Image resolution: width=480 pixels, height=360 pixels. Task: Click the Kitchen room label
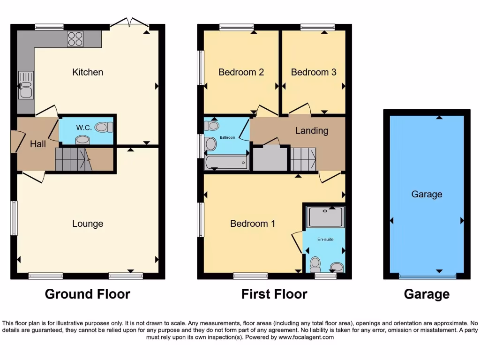coord(88,72)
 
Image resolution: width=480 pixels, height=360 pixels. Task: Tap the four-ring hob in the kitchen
coord(75,38)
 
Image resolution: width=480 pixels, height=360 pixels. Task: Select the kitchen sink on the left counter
coord(25,85)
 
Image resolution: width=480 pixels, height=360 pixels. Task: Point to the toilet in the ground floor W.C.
coord(104,127)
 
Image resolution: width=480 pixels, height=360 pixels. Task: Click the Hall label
coord(38,144)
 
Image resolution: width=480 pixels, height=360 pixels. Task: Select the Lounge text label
coord(88,224)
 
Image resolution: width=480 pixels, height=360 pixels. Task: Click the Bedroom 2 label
coord(241,72)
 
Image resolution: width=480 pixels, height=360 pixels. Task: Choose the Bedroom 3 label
coord(314,72)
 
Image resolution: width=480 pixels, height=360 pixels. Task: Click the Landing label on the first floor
coord(311,131)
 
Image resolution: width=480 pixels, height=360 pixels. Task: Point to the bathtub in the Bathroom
coord(226,163)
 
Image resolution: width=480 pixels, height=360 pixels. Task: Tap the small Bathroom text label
coord(228,138)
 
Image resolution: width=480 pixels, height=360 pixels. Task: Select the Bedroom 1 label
coord(253,224)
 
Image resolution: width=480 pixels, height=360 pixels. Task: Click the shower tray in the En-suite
coord(325,216)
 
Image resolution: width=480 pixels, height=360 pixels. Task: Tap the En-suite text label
coord(325,240)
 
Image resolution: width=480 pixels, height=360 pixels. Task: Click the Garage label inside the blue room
coord(427,194)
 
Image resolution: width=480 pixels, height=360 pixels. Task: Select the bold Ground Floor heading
coord(88,294)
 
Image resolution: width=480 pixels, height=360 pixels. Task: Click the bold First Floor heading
coord(274,294)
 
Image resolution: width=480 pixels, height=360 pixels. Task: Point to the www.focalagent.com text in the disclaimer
coord(306,337)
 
